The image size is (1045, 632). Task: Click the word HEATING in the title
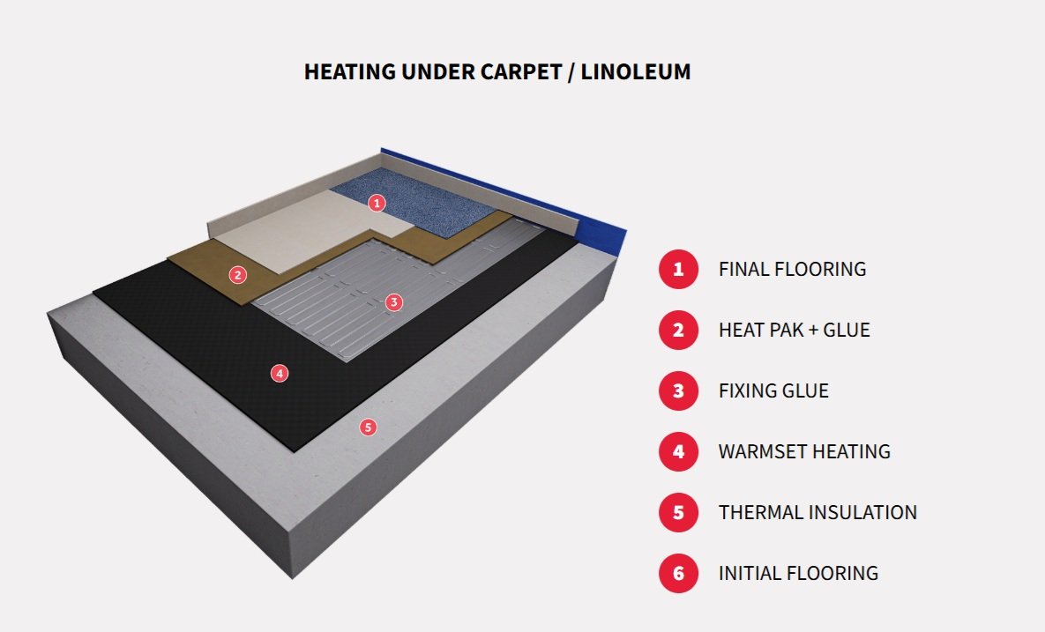[348, 72]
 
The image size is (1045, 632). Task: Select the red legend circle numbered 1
[678, 269]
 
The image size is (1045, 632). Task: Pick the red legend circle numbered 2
[678, 330]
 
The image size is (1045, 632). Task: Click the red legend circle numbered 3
[678, 390]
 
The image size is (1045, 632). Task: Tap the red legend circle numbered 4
[678, 451]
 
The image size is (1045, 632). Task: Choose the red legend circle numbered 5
[678, 512]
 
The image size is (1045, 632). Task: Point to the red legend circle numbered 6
[678, 573]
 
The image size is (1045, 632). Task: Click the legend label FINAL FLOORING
[792, 269]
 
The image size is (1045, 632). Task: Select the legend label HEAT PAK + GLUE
[794, 330]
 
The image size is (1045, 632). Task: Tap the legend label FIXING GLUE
[773, 390]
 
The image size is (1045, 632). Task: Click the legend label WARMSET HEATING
[804, 451]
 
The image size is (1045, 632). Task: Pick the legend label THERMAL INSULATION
[817, 512]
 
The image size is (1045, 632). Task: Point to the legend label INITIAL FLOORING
[798, 573]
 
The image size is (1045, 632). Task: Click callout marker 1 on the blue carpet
[377, 203]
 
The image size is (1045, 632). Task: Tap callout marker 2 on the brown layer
[237, 274]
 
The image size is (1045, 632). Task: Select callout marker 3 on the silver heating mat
[393, 302]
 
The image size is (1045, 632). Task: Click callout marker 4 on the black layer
[280, 374]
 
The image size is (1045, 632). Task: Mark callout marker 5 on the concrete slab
[368, 428]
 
